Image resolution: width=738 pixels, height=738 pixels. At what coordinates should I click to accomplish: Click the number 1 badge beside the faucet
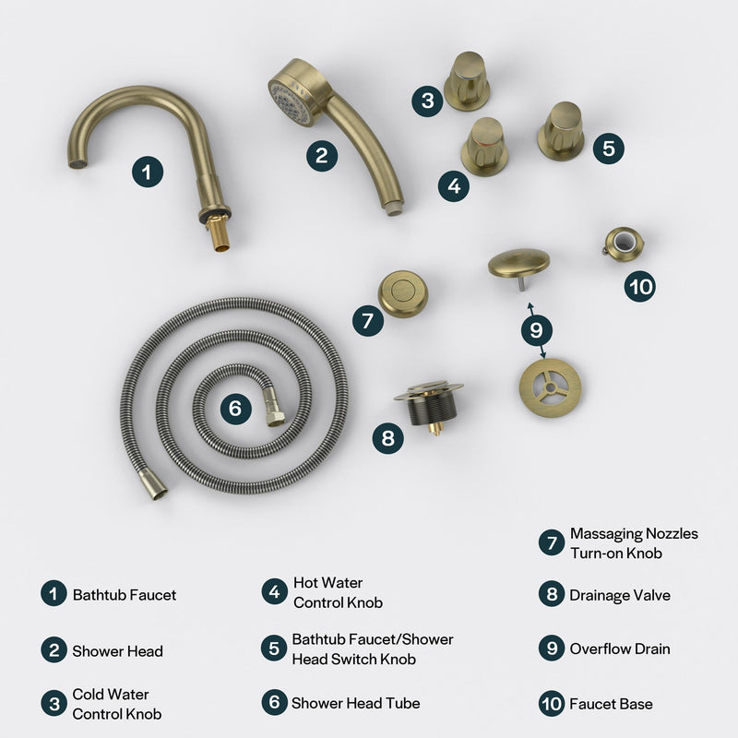[x=147, y=172]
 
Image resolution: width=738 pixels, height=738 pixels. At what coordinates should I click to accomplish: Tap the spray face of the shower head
[x=288, y=99]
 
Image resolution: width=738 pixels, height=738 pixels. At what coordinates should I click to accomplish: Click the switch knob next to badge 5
[x=560, y=128]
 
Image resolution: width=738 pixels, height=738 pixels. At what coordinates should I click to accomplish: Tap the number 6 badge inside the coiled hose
[x=235, y=408]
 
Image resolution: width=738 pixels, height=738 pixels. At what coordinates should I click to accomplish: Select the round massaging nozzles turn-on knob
[x=403, y=293]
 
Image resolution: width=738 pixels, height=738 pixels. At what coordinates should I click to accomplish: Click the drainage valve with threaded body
[x=428, y=406]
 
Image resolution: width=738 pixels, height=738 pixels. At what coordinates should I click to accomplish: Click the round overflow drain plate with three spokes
[x=550, y=385]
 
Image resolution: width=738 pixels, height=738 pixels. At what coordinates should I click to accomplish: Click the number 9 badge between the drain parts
[x=536, y=328]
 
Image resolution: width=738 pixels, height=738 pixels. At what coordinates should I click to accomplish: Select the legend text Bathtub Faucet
[x=125, y=595]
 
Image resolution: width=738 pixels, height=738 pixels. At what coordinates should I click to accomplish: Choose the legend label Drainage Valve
[x=620, y=595]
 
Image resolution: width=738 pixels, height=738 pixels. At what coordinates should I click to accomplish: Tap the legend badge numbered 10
[x=552, y=704]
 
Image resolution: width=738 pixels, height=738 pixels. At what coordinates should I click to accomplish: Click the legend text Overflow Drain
[x=620, y=649]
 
